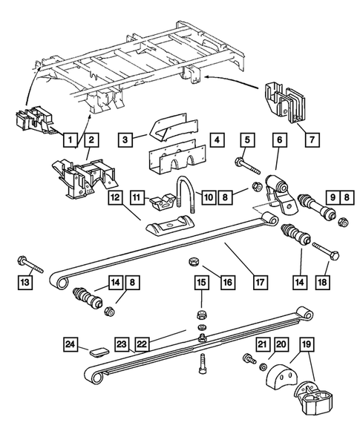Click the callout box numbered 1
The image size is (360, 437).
[71, 139]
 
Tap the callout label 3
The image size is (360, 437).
[127, 139]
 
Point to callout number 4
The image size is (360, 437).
[217, 139]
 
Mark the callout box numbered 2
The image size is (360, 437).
[91, 139]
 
